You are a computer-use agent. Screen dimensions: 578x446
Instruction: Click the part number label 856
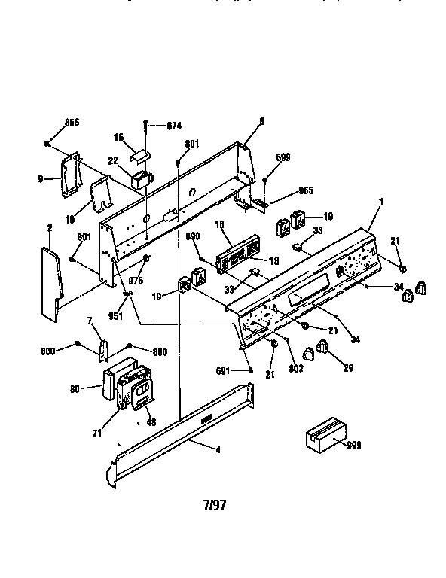pos(72,122)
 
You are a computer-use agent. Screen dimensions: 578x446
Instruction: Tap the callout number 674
pos(174,125)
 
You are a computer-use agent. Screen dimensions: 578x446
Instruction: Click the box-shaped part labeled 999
pos(322,438)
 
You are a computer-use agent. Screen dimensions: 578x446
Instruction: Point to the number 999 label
pos(354,446)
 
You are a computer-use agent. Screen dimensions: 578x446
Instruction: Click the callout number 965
pos(285,191)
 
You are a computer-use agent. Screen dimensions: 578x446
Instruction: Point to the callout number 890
pos(193,236)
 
